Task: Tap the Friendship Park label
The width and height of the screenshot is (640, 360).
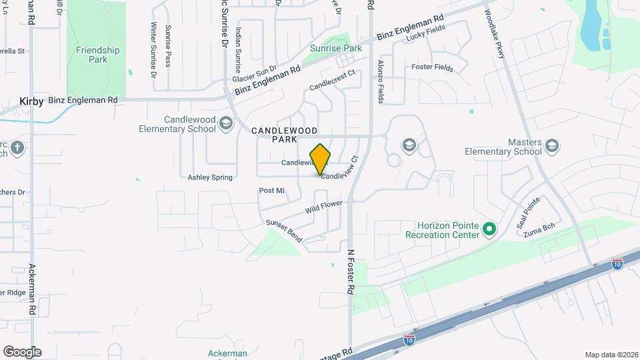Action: coord(97,55)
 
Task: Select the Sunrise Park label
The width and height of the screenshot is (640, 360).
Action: coord(335,48)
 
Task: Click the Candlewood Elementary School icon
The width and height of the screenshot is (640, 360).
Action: coord(227,123)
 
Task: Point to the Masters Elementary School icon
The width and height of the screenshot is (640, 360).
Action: coord(551,145)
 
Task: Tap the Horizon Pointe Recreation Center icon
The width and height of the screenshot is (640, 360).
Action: coord(490,230)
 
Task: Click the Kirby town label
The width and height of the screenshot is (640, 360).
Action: coord(32,101)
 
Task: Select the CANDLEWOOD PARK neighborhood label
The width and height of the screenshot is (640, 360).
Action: coord(284,135)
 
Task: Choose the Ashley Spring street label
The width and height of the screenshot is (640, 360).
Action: coord(210,177)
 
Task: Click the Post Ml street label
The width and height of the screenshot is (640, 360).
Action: coord(272,191)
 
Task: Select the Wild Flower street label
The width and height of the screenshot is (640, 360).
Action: coord(324,207)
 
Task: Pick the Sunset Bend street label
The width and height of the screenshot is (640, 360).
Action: coord(284,231)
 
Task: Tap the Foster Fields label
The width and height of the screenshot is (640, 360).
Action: coord(432,68)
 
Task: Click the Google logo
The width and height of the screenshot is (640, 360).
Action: coord(22,351)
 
